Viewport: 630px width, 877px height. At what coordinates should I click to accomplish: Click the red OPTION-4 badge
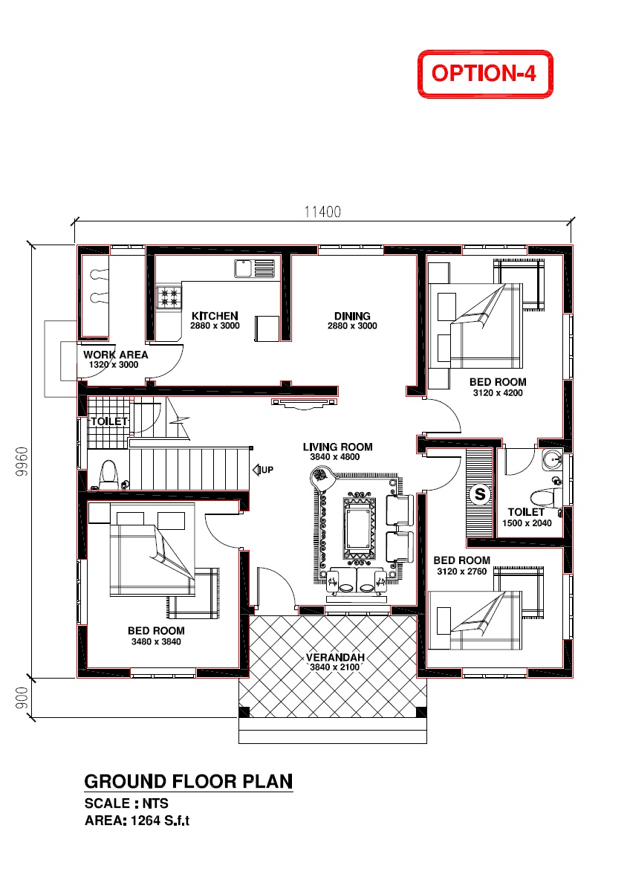click(x=485, y=74)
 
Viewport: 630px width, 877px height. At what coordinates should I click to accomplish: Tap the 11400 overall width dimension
click(x=322, y=212)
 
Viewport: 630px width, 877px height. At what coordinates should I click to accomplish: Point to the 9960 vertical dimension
click(x=22, y=464)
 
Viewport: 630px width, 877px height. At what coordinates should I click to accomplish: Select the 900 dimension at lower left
click(x=22, y=697)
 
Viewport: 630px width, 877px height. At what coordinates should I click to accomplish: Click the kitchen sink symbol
click(x=254, y=268)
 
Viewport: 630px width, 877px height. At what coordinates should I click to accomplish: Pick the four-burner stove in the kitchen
click(x=169, y=297)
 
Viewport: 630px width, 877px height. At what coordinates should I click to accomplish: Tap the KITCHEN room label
click(x=215, y=316)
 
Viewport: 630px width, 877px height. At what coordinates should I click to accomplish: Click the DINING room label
click(x=351, y=316)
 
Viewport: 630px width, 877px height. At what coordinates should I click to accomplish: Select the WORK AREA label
click(x=115, y=355)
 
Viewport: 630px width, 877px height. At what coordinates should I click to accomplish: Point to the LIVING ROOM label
click(x=337, y=447)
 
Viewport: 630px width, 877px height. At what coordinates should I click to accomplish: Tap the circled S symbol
click(x=479, y=493)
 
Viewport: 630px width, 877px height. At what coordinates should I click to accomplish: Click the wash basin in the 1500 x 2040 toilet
click(x=551, y=459)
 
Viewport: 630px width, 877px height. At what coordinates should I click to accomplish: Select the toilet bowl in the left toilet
click(x=108, y=473)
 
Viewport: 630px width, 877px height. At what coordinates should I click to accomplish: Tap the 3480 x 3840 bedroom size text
click(x=156, y=641)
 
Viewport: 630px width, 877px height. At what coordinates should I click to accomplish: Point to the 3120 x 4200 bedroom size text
click(x=497, y=393)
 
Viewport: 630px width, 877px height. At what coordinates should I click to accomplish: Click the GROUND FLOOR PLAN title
click(x=188, y=782)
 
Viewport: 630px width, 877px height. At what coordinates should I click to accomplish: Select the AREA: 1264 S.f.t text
click(x=142, y=821)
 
